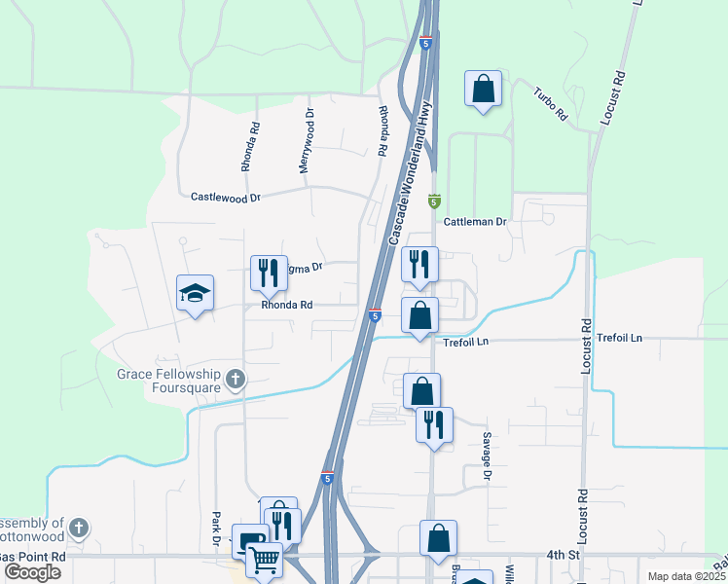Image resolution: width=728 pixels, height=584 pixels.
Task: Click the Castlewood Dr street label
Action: click(226, 197)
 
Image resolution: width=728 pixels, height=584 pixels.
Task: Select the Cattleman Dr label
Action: click(476, 222)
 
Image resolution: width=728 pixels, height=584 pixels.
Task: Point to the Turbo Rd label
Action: click(550, 102)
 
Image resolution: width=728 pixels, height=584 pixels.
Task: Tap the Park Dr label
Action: click(216, 529)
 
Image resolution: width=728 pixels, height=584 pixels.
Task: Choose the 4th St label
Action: click(563, 555)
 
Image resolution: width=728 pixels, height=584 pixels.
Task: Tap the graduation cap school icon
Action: click(195, 292)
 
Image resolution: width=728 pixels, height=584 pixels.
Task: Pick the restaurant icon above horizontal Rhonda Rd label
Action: click(270, 273)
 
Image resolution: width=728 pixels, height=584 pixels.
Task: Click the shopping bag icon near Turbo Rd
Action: click(483, 89)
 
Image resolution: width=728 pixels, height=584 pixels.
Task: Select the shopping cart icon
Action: click(265, 560)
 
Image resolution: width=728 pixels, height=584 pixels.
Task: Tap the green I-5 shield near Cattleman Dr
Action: click(434, 201)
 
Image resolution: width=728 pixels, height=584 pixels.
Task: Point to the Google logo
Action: click(33, 572)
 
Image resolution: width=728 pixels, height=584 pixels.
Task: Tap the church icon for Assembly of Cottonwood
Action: click(79, 529)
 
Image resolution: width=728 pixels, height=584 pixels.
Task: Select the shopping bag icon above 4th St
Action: click(438, 536)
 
